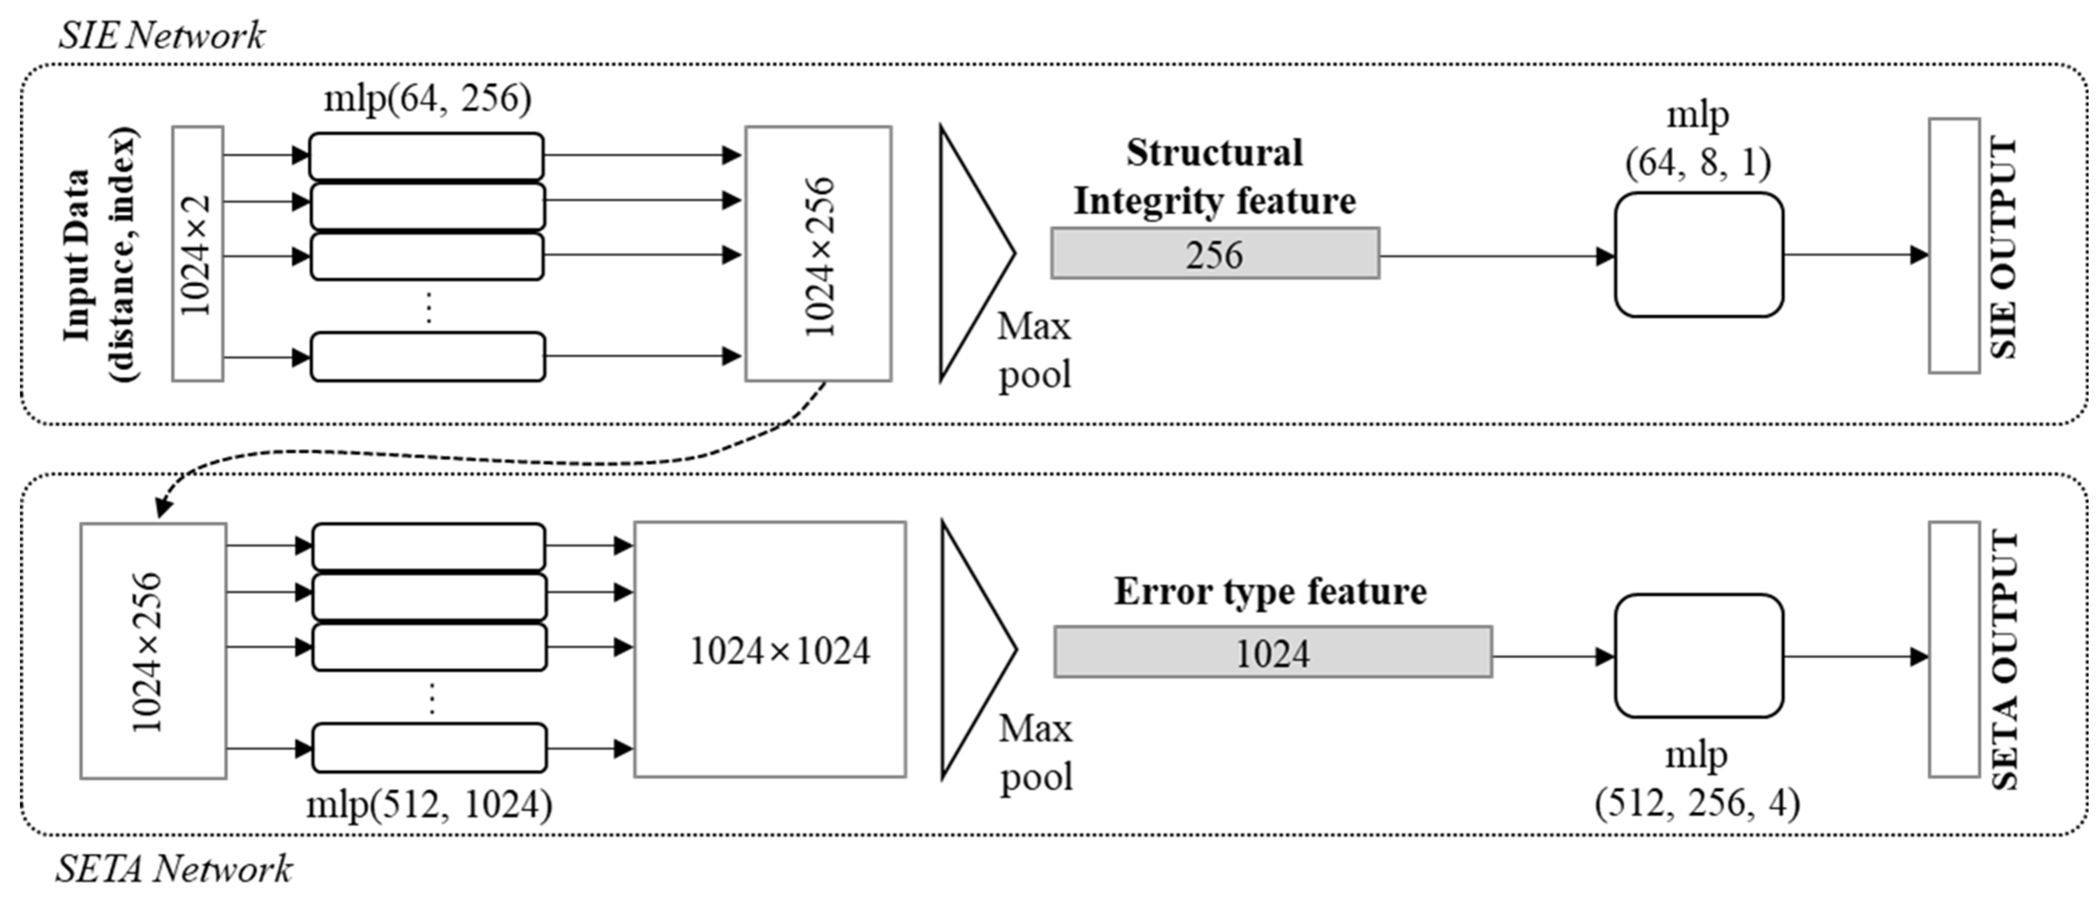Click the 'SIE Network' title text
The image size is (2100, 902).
tap(161, 36)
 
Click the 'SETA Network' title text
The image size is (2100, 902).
tap(173, 869)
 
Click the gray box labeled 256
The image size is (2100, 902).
tap(1215, 254)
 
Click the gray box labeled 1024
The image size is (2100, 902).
tap(1273, 652)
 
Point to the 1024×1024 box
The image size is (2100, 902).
tap(769, 650)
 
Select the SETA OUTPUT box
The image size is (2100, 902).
tap(1953, 650)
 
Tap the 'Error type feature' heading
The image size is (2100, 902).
tap(1270, 591)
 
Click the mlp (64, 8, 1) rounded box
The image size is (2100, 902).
tap(1698, 254)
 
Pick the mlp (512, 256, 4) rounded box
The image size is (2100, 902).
tap(1698, 656)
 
